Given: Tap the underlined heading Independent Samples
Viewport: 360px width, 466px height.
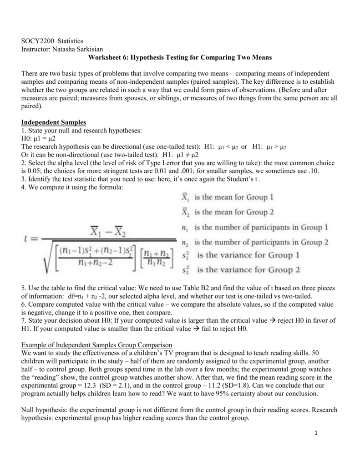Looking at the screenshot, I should pos(51,122).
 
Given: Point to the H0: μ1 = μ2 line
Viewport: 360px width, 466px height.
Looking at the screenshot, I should pos(38,139).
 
